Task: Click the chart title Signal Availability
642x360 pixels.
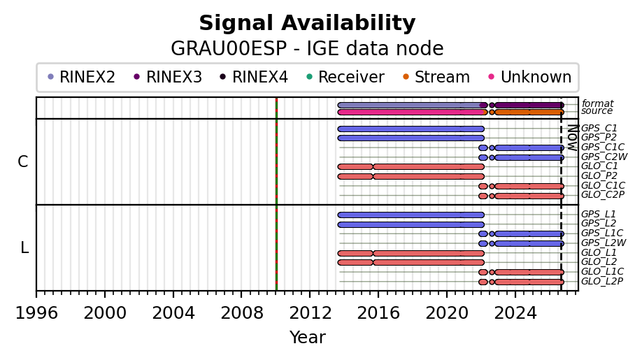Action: point(307,23)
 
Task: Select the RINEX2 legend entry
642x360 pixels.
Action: point(82,77)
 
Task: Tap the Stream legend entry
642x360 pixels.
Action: point(436,77)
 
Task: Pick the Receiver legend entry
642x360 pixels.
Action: point(345,77)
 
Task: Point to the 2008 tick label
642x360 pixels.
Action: point(241,313)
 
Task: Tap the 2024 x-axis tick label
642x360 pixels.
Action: point(515,313)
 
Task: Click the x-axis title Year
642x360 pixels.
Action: point(308,338)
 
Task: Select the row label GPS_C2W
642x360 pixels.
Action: point(604,157)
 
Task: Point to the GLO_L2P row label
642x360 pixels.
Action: point(602,282)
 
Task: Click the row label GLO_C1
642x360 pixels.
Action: point(599,166)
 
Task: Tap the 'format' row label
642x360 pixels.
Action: point(597,103)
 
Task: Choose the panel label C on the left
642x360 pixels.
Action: point(23,162)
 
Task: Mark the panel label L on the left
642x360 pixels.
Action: point(24,248)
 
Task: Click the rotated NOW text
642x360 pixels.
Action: point(572,138)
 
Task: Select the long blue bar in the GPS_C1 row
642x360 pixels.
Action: point(411,129)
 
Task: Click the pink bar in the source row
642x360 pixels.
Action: point(411,112)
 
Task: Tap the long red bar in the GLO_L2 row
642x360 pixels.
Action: point(429,262)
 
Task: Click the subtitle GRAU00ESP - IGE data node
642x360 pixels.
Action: point(307,49)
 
